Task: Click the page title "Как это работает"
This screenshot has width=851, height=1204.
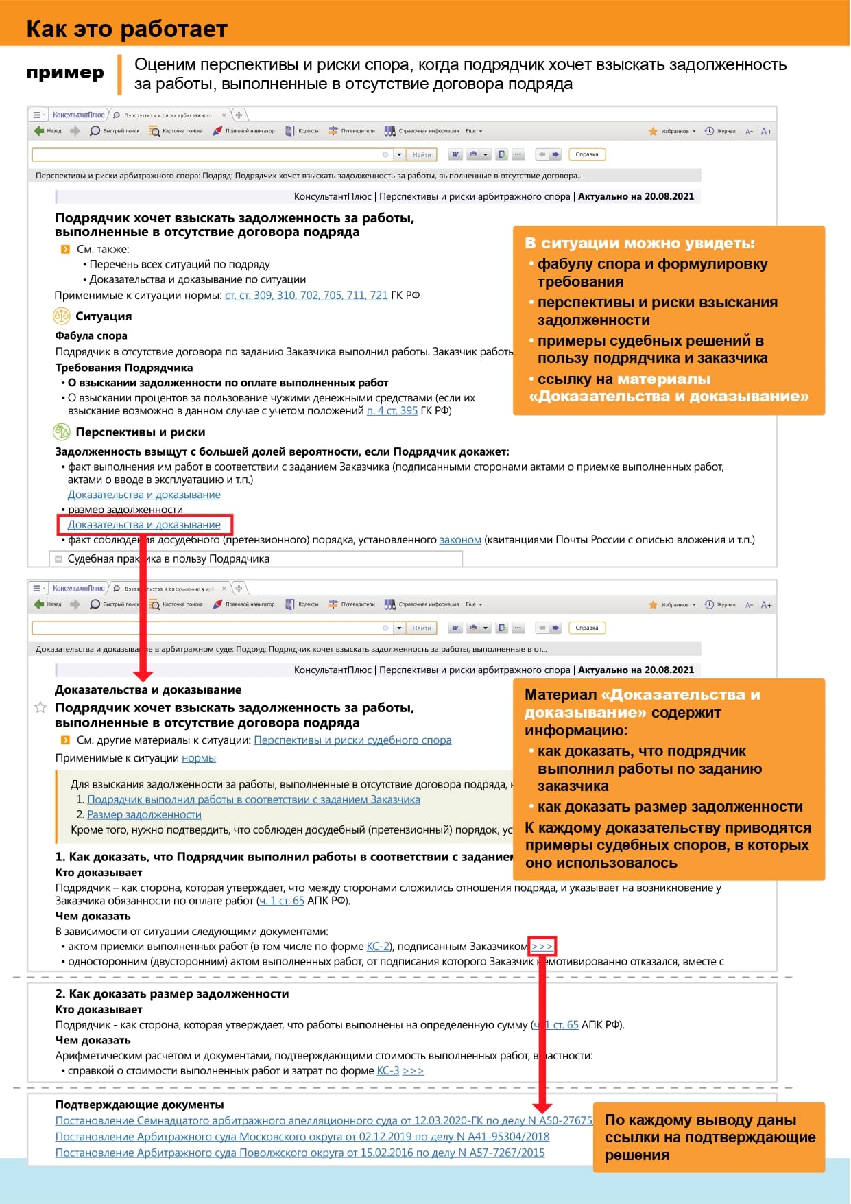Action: point(127,29)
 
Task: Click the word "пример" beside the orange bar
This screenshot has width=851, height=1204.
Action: point(65,73)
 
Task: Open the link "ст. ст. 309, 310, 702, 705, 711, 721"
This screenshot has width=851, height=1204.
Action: point(306,296)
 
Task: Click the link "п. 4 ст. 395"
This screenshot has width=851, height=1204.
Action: point(392,411)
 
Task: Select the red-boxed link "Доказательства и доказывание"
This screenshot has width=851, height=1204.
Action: point(144,525)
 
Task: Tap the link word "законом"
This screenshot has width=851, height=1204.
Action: point(460,540)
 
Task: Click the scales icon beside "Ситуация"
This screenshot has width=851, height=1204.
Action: point(62,316)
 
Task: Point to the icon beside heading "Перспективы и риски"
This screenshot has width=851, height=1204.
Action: point(62,432)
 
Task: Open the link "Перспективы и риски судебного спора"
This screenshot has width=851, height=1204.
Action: point(352,740)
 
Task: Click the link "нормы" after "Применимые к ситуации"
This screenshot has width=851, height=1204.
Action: point(199,758)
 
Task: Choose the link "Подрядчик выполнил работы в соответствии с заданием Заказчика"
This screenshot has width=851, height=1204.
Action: point(254,800)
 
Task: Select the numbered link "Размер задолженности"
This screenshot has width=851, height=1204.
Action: point(144,815)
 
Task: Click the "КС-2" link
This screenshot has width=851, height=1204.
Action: point(378,947)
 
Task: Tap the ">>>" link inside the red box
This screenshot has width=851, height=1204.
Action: point(542,947)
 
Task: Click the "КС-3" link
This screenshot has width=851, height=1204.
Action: point(388,1071)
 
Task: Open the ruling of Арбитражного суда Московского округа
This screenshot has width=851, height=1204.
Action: point(302,1137)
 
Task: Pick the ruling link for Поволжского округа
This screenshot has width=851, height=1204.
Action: point(300,1153)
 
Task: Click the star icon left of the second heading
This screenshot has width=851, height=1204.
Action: point(40,707)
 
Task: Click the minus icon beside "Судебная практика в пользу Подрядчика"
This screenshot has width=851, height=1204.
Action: point(58,559)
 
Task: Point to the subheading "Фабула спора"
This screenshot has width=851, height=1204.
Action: point(91,336)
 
